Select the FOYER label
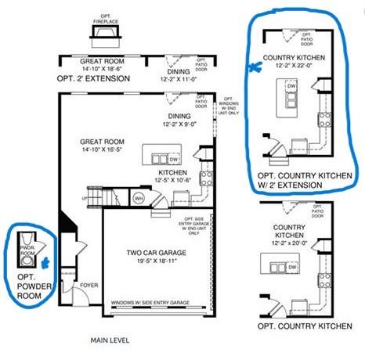click(x=89, y=286)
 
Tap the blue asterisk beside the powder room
click(x=45, y=263)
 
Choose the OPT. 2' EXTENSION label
click(x=93, y=79)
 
